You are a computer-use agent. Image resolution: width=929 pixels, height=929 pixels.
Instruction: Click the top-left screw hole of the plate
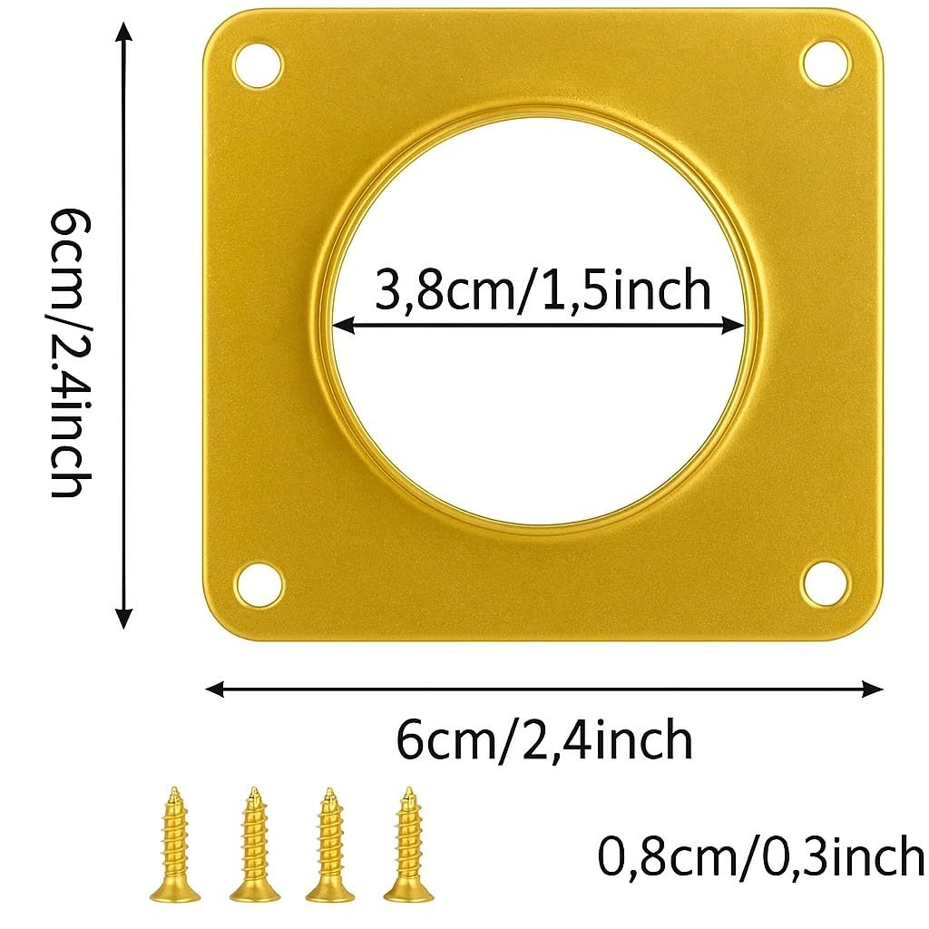click(x=260, y=66)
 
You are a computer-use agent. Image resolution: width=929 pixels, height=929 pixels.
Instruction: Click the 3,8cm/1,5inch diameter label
click(x=543, y=290)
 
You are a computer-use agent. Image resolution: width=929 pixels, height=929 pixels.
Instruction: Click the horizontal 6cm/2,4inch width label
click(x=544, y=739)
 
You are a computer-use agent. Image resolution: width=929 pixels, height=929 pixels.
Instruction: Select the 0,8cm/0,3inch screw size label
click(x=760, y=856)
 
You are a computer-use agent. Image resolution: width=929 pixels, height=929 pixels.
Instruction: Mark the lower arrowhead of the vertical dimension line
click(x=125, y=619)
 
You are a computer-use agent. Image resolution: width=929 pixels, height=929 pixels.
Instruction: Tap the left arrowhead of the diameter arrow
click(x=341, y=325)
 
